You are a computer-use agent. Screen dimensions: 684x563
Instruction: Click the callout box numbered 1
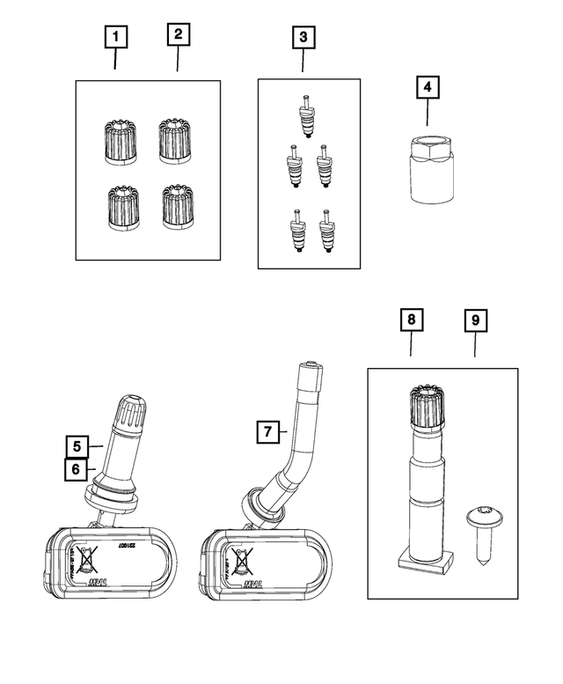coord(116,37)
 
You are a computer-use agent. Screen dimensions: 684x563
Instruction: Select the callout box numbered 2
coord(178,35)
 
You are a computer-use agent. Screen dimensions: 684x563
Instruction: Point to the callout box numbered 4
coord(427,88)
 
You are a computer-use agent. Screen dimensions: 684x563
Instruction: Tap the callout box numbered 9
coord(474,320)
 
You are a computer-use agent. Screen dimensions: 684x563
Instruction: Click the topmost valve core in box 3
coord(305,116)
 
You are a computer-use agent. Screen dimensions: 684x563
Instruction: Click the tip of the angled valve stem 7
coord(310,368)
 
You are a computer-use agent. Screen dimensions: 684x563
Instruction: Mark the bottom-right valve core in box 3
coord(328,230)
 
